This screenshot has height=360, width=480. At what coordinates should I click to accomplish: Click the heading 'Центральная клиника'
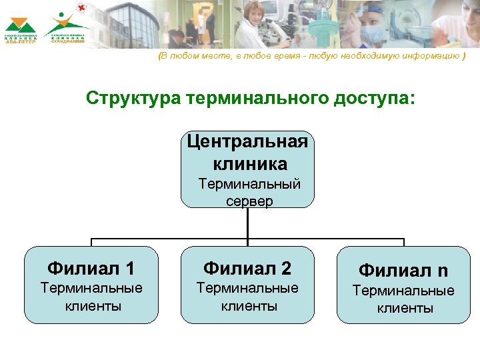click(247, 153)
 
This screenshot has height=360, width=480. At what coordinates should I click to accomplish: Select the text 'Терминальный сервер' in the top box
click(247, 192)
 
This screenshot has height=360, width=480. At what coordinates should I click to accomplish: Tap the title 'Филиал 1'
click(91, 269)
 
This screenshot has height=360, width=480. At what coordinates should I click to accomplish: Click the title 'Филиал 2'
click(247, 269)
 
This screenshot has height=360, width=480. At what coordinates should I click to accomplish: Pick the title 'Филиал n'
click(403, 270)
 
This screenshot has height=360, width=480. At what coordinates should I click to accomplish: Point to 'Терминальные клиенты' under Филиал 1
click(91, 297)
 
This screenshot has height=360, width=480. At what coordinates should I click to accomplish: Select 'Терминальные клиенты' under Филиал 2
click(247, 297)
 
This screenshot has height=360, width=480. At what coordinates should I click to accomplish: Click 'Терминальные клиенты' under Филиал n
click(403, 299)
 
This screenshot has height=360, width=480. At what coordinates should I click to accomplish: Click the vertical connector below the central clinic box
click(247, 223)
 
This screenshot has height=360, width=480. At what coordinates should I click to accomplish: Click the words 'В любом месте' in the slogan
click(187, 57)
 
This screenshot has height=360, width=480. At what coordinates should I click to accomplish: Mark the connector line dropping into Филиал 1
click(91, 242)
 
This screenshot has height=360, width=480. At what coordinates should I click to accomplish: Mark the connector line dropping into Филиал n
click(403, 242)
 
